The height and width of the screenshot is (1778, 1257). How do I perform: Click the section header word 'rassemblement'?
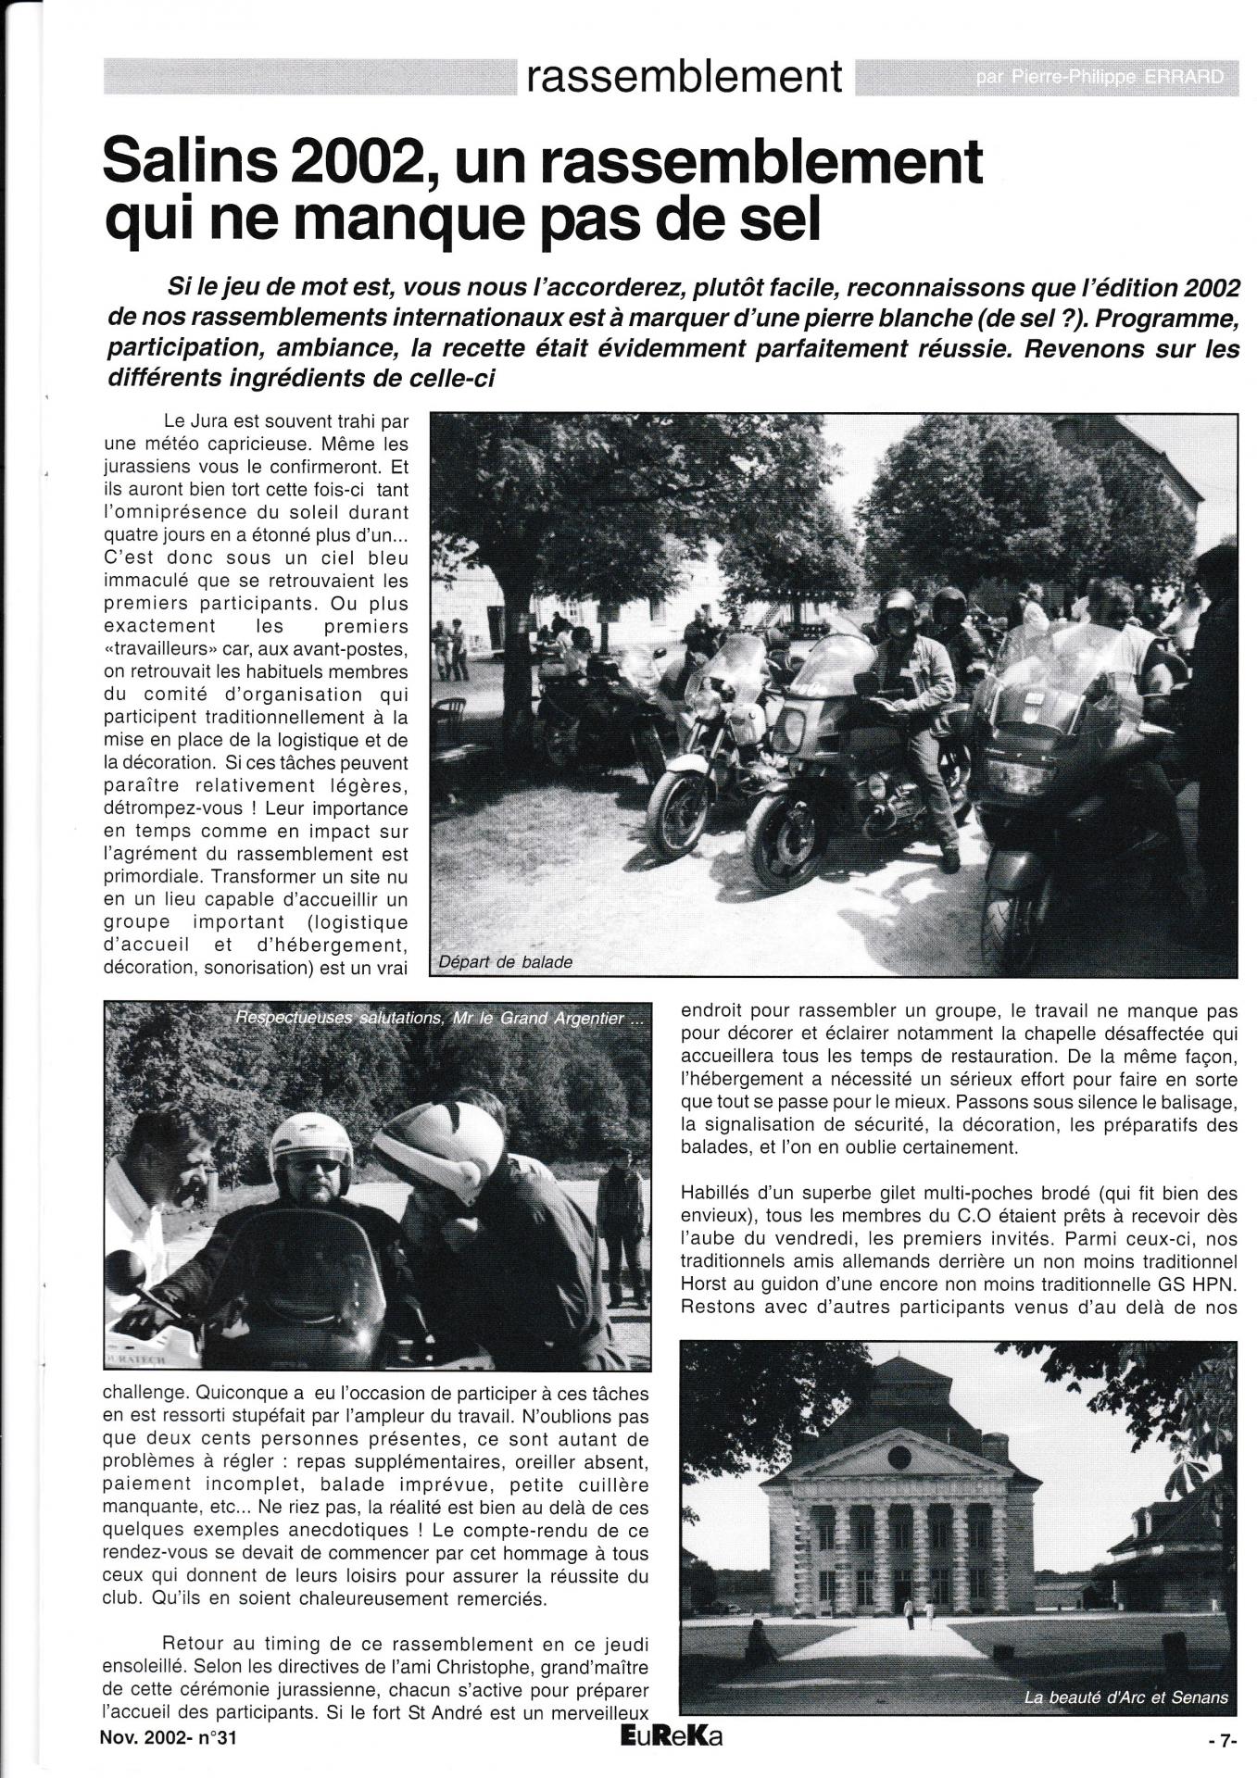[685, 78]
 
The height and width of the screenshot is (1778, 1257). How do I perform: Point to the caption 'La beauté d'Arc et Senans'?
[1125, 1697]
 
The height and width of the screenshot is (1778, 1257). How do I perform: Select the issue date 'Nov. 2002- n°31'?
[168, 1738]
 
